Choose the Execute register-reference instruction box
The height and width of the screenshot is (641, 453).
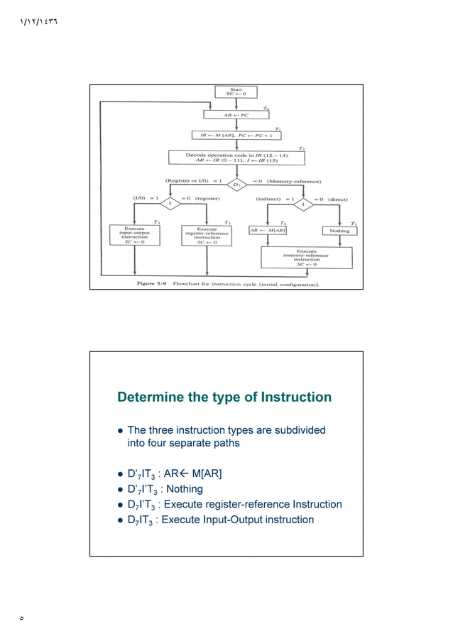[x=207, y=235]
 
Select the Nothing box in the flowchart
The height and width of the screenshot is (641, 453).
[x=339, y=230]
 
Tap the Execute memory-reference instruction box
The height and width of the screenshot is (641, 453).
[x=307, y=256]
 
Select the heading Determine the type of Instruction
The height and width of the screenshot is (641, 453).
[x=224, y=397]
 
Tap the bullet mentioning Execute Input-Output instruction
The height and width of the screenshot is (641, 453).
[x=220, y=520]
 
